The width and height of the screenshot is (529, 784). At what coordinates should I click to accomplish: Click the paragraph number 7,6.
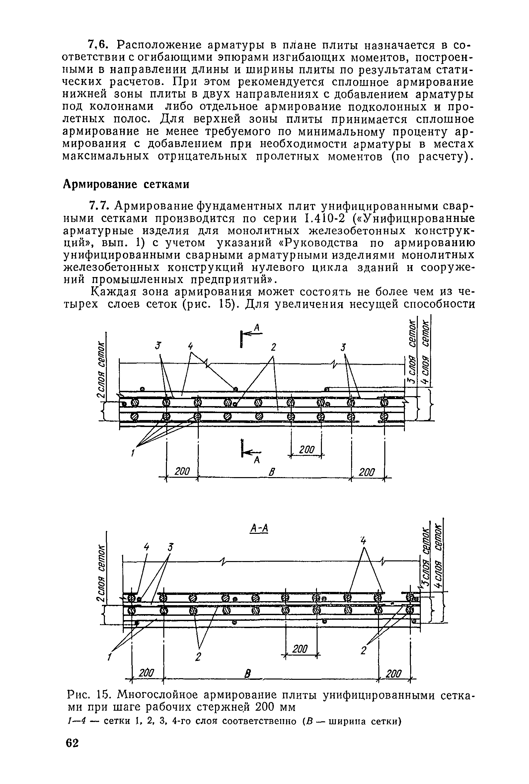[98, 45]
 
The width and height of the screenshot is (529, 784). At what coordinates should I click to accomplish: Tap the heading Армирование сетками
[126, 184]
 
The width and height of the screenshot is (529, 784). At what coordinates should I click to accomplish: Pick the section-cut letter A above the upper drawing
[258, 327]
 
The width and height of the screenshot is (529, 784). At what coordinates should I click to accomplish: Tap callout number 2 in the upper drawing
[273, 347]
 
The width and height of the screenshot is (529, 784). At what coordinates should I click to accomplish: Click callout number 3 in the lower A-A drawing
[171, 548]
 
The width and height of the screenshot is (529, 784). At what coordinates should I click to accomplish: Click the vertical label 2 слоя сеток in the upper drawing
[101, 370]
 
